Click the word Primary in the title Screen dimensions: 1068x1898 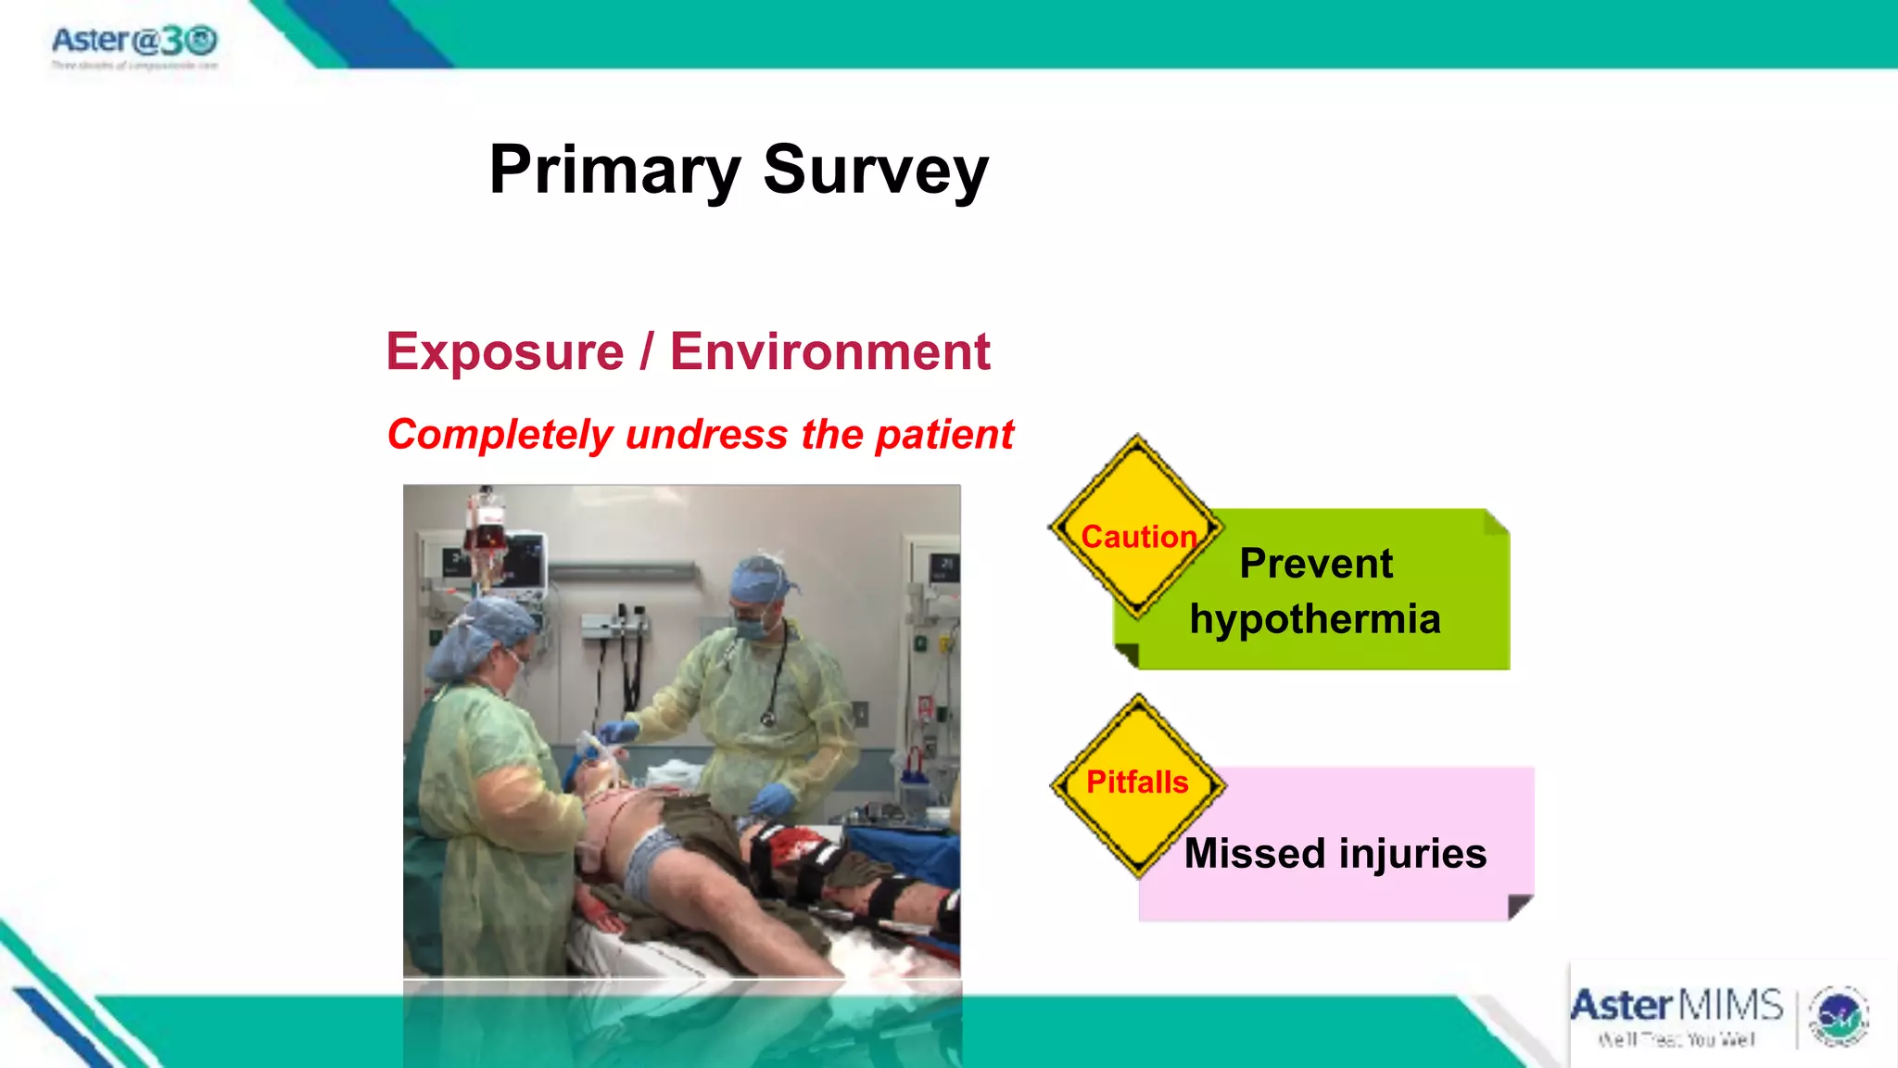[614, 171]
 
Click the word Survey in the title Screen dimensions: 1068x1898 [876, 171]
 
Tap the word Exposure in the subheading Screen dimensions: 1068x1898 [505, 352]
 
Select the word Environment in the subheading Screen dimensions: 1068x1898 [829, 352]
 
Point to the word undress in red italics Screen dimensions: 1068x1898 [706, 435]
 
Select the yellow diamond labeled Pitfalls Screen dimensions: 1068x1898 [1137, 784]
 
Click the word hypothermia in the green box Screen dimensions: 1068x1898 [1315, 619]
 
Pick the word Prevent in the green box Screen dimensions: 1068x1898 [1316, 564]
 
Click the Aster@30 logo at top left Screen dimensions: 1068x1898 [134, 42]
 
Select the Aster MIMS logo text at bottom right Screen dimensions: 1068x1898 [1676, 1007]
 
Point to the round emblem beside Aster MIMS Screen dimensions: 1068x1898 [1839, 1017]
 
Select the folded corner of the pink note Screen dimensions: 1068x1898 [1520, 906]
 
